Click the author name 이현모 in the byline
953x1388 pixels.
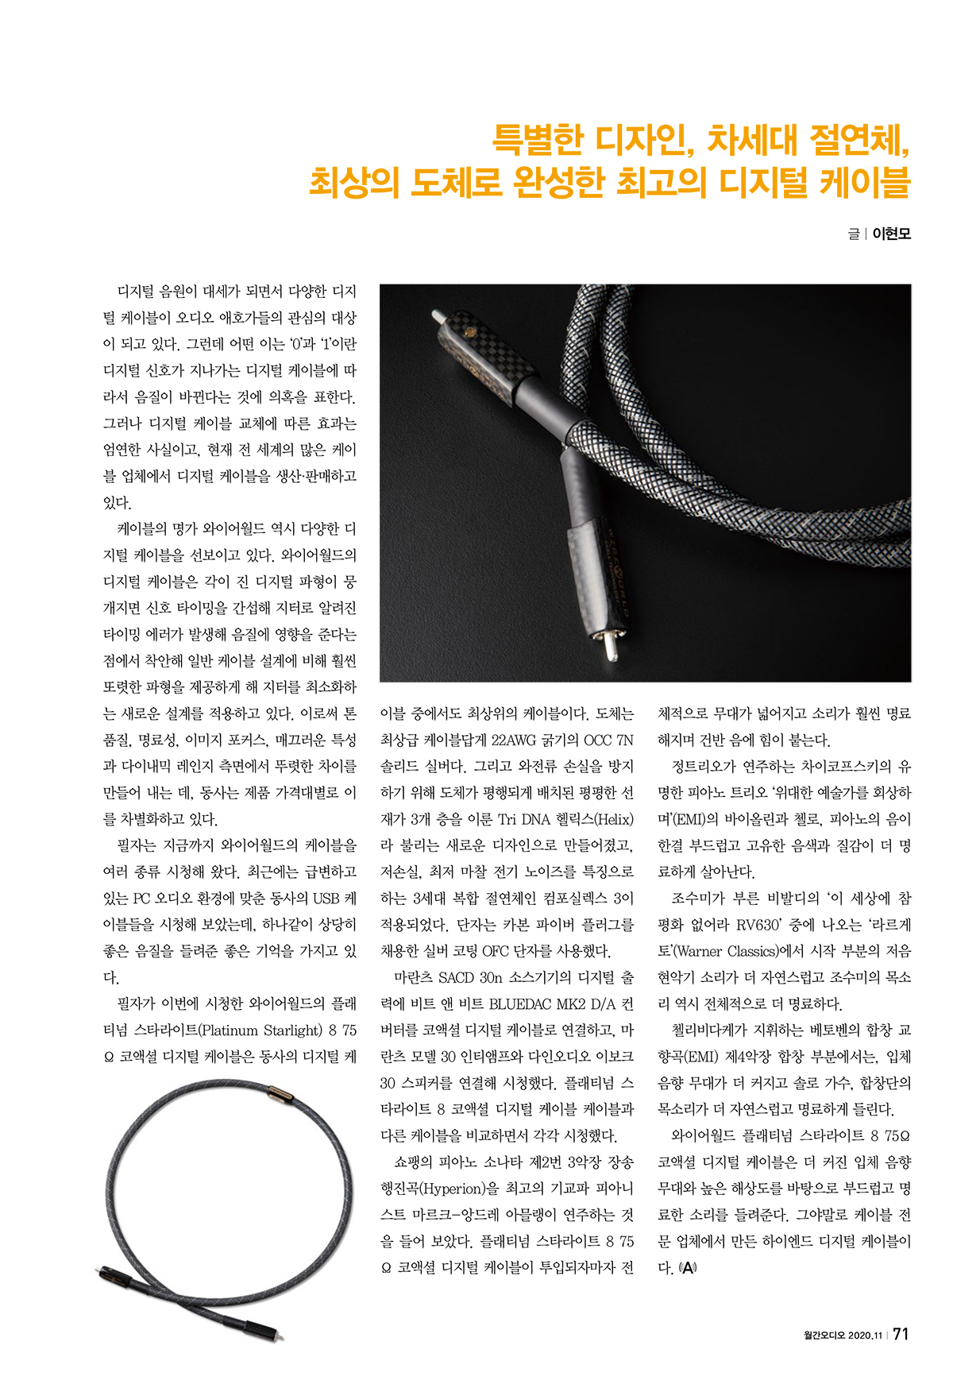point(891,234)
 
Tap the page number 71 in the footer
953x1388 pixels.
point(901,1334)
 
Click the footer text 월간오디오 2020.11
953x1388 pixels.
point(843,1336)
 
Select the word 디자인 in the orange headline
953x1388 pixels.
point(635,140)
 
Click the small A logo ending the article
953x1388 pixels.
point(687,1268)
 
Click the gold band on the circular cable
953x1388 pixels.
point(281,1099)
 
